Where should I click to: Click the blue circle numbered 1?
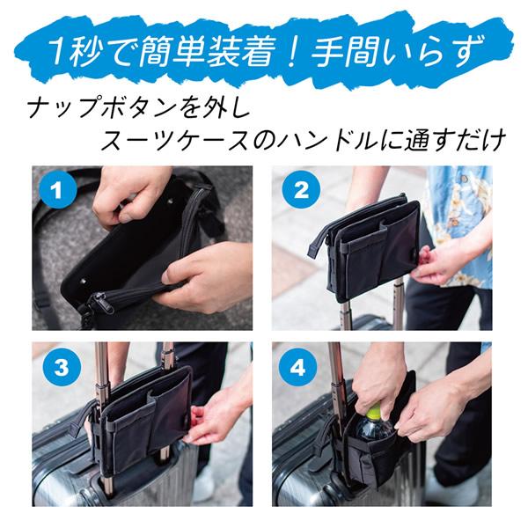pyautogui.click(x=59, y=189)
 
